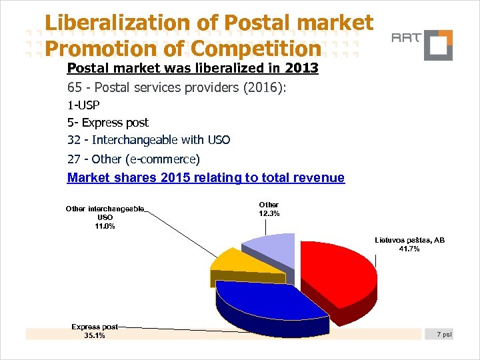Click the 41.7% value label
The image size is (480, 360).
click(409, 249)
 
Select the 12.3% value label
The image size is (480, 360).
click(269, 213)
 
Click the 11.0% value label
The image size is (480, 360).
click(105, 226)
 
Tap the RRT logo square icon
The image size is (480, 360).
click(438, 45)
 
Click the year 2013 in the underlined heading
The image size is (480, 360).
click(301, 69)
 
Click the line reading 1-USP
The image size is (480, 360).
click(83, 105)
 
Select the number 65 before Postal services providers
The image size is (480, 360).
click(74, 87)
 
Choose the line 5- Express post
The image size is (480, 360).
click(108, 123)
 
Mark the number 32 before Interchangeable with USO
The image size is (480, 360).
click(74, 140)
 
